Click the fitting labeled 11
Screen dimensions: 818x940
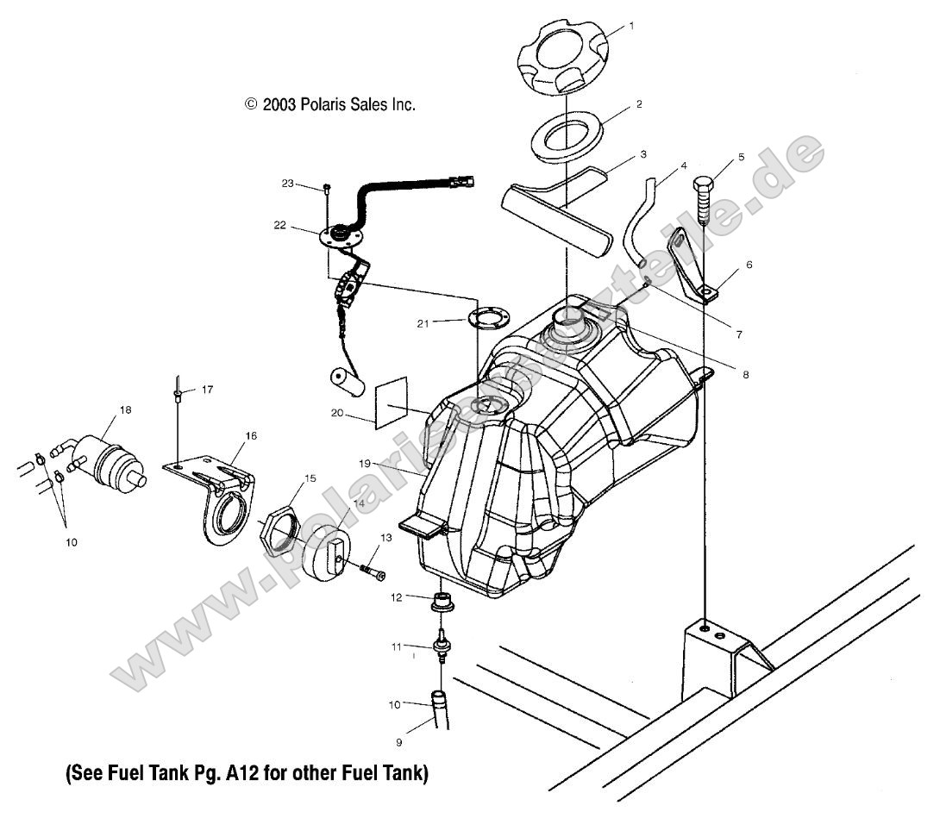[442, 646]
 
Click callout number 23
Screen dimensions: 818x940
[287, 184]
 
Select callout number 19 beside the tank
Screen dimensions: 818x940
[366, 463]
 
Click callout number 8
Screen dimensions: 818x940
[745, 375]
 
